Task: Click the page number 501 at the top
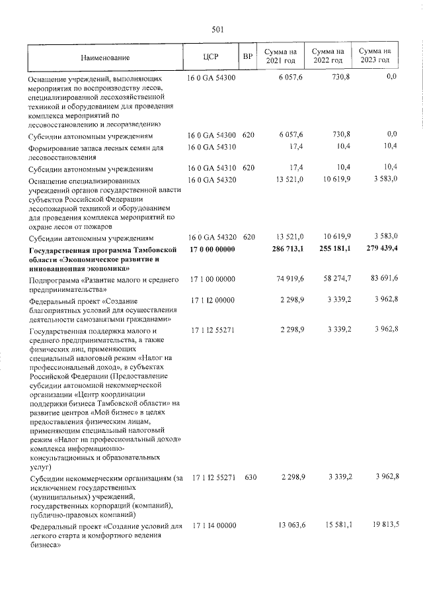(218, 28)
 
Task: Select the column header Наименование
(105, 58)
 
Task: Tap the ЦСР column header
(211, 57)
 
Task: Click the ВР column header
(248, 57)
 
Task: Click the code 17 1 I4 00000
(213, 526)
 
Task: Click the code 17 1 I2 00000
(213, 302)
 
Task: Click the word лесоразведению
(128, 124)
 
